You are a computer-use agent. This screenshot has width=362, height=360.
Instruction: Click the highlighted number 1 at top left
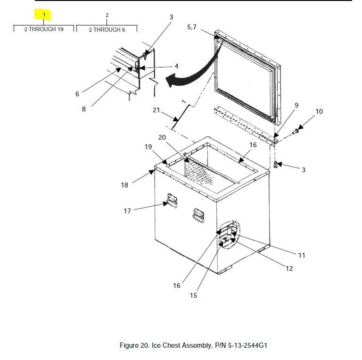44,15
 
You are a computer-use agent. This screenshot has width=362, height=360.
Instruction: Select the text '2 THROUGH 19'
44,29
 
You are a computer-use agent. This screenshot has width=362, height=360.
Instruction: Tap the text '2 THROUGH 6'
107,30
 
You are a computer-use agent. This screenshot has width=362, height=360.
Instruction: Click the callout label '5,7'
191,27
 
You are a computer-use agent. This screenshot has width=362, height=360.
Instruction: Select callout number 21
156,110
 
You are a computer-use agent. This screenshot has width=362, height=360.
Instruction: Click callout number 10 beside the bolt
319,111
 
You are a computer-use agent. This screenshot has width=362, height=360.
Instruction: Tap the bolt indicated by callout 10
297,131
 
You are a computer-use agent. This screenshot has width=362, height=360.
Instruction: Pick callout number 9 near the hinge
296,105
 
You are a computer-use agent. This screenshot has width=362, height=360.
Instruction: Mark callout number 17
127,211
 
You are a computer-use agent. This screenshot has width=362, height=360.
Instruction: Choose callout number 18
124,185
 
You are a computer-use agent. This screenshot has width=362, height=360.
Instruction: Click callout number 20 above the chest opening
162,137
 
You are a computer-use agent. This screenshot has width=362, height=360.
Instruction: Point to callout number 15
193,295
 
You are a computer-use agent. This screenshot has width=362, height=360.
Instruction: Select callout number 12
289,268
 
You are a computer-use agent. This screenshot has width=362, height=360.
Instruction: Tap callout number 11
302,255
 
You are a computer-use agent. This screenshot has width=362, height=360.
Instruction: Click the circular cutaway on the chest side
228,234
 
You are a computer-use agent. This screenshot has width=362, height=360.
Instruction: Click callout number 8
84,109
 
